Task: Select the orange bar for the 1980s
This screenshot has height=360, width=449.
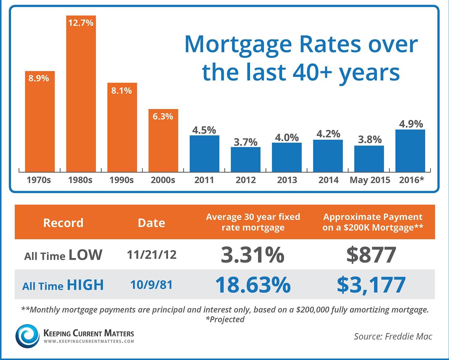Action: click(x=81, y=96)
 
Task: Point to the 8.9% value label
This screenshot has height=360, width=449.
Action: click(x=39, y=78)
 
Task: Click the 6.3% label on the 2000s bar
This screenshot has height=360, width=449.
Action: click(x=163, y=116)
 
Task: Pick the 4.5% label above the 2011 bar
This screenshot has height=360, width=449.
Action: click(x=204, y=130)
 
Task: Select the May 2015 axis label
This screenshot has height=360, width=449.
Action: click(x=370, y=180)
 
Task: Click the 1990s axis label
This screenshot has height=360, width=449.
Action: click(x=122, y=180)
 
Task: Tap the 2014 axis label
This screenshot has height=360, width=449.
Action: click(x=328, y=180)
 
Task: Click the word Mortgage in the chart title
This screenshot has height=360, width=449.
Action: click(x=238, y=44)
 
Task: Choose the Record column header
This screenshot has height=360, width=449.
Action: click(x=63, y=223)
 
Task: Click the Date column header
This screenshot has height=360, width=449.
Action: click(x=151, y=223)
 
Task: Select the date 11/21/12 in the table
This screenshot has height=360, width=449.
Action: click(x=152, y=255)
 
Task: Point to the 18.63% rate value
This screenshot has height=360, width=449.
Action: click(x=253, y=285)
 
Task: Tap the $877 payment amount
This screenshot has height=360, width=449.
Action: click(x=371, y=255)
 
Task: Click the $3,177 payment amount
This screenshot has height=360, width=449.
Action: click(x=371, y=285)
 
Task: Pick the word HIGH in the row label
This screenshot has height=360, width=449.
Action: click(x=85, y=285)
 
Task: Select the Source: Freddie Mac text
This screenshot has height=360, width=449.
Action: click(x=393, y=336)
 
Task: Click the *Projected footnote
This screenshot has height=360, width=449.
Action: click(x=225, y=319)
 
